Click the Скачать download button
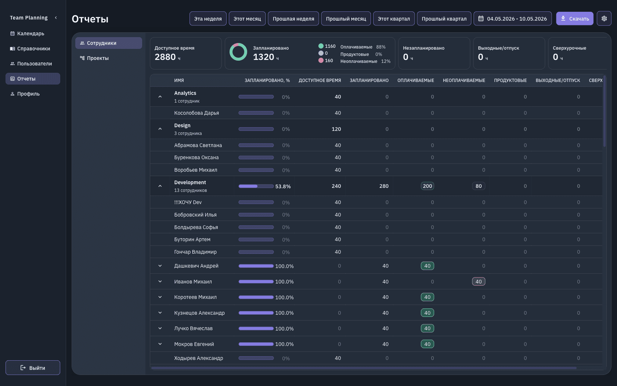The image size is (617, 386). [574, 18]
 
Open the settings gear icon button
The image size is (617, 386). [604, 18]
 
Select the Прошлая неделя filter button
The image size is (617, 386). [293, 18]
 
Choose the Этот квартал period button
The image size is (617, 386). [394, 18]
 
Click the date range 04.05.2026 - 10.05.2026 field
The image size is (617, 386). [513, 18]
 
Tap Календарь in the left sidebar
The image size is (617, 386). [30, 33]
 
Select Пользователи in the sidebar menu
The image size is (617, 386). [35, 63]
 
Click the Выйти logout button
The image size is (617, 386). [33, 368]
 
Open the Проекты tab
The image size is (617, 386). [98, 58]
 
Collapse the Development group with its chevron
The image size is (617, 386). [160, 186]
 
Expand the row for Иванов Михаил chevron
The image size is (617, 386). [160, 282]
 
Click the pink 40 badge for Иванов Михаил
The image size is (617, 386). [479, 282]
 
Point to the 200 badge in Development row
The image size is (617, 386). [427, 186]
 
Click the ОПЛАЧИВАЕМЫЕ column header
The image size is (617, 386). [416, 80]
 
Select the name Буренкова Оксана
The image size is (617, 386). [196, 157]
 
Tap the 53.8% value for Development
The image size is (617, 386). [283, 186]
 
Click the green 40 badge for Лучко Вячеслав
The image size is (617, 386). [427, 328]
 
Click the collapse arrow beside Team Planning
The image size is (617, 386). [56, 18]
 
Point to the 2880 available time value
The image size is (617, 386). [165, 57]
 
